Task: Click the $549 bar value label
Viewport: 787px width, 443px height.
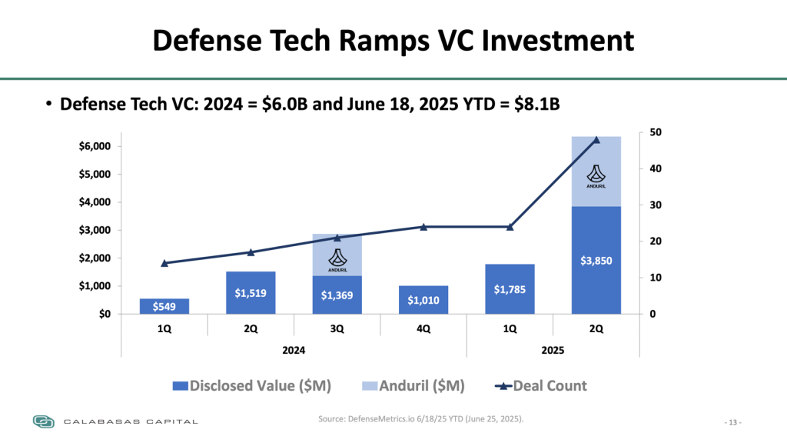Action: point(164,307)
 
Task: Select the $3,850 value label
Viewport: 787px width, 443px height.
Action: point(596,261)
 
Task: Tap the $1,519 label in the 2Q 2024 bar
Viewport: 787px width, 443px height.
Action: point(251,292)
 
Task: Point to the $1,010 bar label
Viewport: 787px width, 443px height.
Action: point(423,300)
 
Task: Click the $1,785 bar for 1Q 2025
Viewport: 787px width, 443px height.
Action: point(510,288)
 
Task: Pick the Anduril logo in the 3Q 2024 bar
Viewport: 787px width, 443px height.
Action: point(337,260)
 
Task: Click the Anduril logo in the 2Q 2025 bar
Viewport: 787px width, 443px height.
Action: point(596,176)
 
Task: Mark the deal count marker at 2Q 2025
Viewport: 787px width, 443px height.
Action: point(596,139)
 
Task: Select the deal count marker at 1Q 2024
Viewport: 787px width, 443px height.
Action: point(164,263)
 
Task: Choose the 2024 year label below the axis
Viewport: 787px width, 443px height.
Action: point(294,350)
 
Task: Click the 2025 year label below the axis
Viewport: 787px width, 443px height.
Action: point(553,350)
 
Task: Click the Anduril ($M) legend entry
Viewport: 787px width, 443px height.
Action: point(412,385)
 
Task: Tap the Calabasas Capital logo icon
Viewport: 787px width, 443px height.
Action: point(44,421)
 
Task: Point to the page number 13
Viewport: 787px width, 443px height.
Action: point(733,422)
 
